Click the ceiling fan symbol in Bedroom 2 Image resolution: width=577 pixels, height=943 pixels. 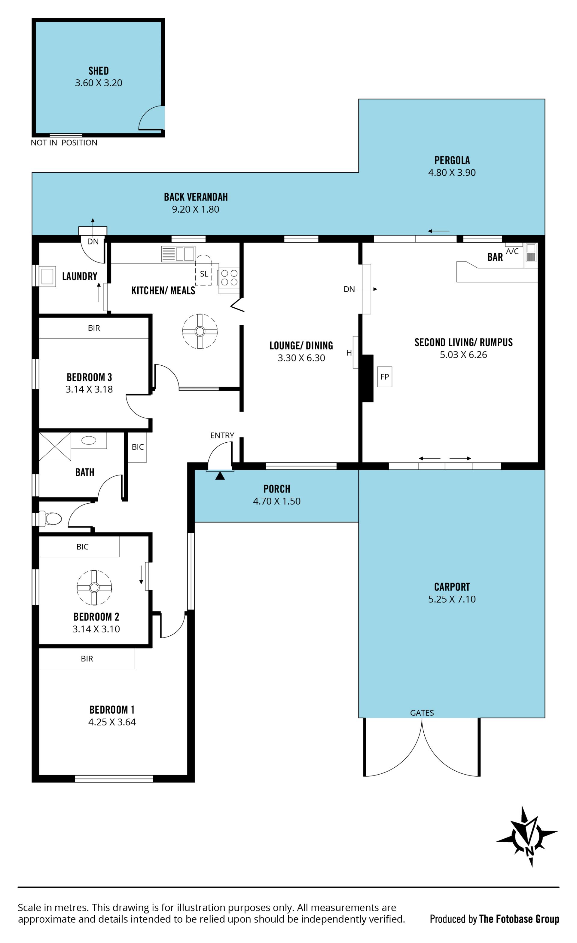[94, 588]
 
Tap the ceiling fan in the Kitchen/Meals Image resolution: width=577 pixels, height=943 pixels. [200, 331]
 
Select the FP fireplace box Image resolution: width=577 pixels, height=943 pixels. [384, 376]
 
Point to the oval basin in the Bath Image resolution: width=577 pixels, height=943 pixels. [89, 441]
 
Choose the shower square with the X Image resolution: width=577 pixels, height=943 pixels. [55, 447]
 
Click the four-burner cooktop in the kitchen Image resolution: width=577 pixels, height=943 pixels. [229, 278]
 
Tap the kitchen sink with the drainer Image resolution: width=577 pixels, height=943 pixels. [178, 254]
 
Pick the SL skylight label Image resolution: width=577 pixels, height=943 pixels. [204, 274]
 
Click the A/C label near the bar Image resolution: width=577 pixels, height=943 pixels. [512, 251]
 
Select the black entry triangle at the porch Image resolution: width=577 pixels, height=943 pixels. [220, 475]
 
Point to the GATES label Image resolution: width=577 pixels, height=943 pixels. [422, 713]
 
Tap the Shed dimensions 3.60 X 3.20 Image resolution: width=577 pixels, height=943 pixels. [99, 83]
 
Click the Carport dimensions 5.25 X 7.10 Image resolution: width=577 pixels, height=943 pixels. [452, 599]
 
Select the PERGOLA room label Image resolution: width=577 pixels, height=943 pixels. [452, 160]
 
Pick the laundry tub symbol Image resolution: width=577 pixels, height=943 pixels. [47, 276]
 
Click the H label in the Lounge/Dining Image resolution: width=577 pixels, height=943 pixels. [349, 352]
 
